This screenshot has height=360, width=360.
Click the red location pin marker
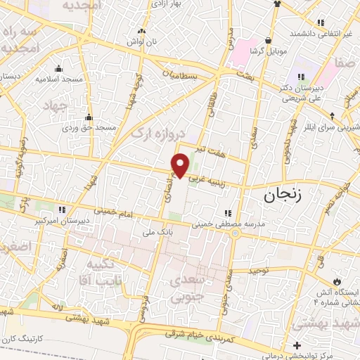180,165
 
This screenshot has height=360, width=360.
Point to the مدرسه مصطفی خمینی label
229,224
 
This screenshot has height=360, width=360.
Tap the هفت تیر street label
211,150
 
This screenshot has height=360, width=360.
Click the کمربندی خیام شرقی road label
203,336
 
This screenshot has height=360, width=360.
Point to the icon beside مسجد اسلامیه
58,68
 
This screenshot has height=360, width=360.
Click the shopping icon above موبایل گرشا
267,40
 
